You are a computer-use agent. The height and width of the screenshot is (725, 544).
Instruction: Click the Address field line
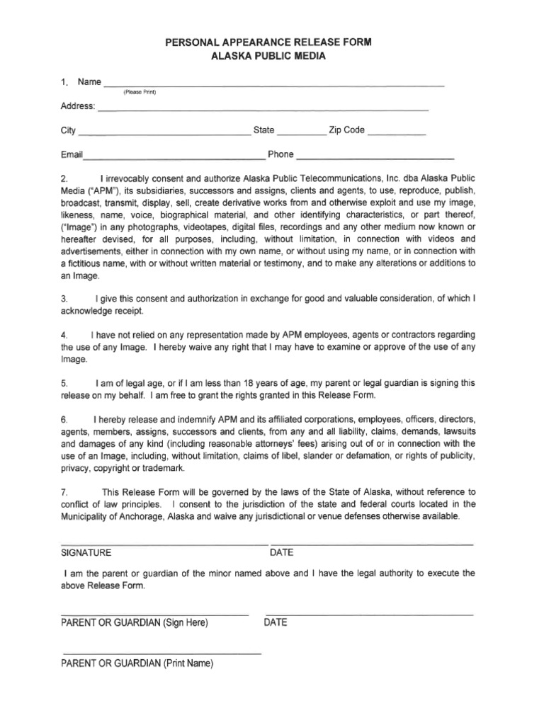pyautogui.click(x=262, y=109)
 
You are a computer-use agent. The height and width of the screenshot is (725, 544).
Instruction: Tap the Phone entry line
pyautogui.click(x=375, y=157)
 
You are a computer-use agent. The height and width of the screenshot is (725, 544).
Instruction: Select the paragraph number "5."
pyautogui.click(x=64, y=383)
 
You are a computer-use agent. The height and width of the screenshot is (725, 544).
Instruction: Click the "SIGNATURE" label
pyautogui.click(x=86, y=552)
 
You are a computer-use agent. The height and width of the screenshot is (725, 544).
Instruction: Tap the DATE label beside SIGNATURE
pyautogui.click(x=281, y=552)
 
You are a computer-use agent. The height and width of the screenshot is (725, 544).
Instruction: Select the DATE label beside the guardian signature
pyautogui.click(x=276, y=623)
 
